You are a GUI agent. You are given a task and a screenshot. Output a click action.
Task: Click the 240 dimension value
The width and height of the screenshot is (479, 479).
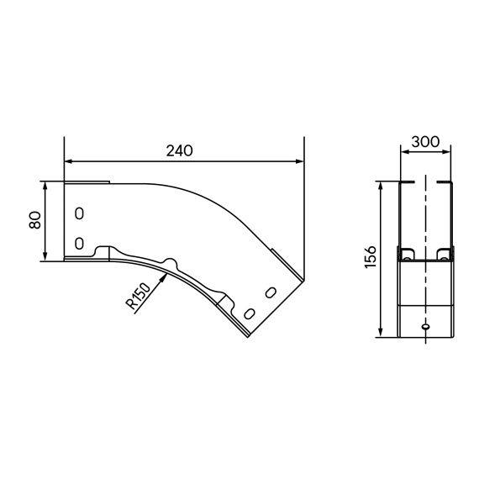[179, 150]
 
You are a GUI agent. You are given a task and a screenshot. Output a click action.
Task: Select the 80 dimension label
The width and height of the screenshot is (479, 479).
[34, 220]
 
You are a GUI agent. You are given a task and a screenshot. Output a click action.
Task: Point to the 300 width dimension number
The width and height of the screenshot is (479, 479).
[427, 143]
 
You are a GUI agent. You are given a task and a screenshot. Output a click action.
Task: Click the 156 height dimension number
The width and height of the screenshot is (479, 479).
[371, 259]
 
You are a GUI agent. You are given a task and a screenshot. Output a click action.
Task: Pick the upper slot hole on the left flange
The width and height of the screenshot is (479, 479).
[79, 213]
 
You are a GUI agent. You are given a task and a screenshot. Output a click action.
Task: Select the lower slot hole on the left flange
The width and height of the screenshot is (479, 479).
[79, 243]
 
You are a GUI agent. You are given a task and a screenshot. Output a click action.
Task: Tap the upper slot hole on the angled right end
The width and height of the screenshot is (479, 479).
[270, 292]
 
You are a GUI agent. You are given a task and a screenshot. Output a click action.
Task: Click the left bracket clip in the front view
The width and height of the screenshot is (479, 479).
[408, 254]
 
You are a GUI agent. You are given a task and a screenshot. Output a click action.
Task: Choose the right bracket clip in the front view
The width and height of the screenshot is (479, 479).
[445, 254]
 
